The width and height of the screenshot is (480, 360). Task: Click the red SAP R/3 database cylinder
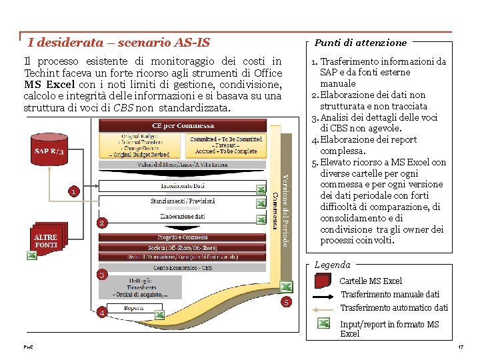tap(49, 151)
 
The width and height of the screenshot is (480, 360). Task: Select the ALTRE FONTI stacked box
tap(47, 239)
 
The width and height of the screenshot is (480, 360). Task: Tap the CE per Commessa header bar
tap(182, 125)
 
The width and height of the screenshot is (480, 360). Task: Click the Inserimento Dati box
tap(182, 185)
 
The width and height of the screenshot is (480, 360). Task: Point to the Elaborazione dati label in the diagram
tap(182, 217)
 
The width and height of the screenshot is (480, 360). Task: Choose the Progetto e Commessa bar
tap(182, 237)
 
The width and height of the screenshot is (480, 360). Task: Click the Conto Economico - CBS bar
tap(182, 267)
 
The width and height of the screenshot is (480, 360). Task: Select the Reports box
tap(134, 308)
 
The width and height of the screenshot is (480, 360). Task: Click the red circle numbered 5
tap(286, 303)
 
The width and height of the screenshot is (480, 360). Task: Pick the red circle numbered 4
tap(102, 312)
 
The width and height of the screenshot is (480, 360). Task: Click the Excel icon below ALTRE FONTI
tap(31, 256)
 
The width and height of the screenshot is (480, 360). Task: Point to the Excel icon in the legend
tap(324, 323)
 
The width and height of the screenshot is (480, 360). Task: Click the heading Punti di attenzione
tap(361, 43)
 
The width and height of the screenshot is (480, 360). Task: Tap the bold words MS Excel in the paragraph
tap(49, 85)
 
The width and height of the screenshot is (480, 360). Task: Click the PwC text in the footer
tap(29, 348)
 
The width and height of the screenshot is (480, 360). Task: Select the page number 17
tap(460, 348)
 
